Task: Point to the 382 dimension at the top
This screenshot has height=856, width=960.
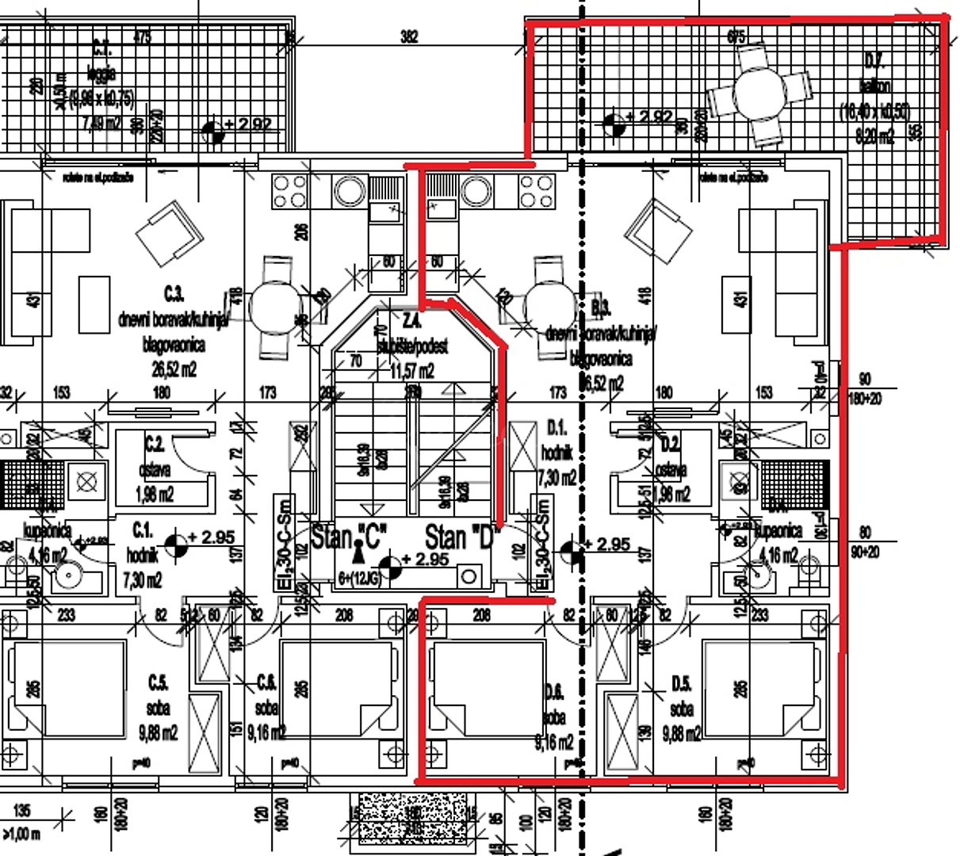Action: click(x=409, y=36)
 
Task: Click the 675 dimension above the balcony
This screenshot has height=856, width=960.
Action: click(x=736, y=36)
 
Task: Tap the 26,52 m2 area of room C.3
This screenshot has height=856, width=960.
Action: click(x=170, y=369)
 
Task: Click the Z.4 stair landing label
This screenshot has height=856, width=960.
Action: click(x=412, y=321)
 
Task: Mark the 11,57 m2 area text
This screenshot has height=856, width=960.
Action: click(x=412, y=370)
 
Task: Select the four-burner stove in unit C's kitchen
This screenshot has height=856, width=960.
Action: click(x=289, y=191)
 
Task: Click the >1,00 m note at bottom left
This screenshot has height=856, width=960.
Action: click(x=21, y=834)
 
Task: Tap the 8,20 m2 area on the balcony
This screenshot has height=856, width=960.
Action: click(x=874, y=136)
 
